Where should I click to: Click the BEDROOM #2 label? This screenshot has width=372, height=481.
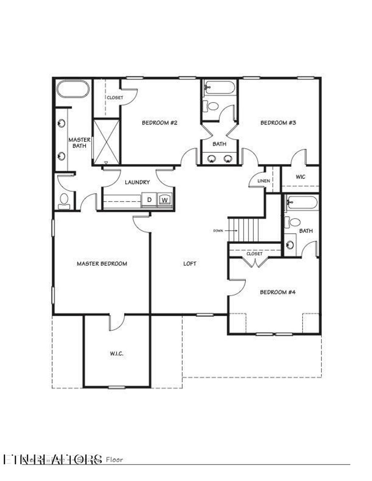click(159, 123)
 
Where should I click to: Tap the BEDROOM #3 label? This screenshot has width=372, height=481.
click(278, 123)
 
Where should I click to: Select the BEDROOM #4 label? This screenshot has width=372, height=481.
click(278, 292)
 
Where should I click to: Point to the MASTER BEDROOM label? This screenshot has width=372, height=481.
click(102, 264)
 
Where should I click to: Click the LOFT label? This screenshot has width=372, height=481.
click(190, 264)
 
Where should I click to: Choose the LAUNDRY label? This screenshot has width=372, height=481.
click(137, 182)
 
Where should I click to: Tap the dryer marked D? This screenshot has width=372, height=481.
click(149, 200)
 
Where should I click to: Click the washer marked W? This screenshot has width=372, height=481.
click(165, 200)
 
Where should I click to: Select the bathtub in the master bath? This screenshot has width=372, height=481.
click(73, 89)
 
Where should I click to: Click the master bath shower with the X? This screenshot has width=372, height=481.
click(106, 142)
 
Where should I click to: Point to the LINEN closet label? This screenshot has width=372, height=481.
click(263, 181)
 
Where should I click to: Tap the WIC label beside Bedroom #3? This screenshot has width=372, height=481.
click(300, 177)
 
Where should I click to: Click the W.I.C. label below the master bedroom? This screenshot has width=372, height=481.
click(117, 353)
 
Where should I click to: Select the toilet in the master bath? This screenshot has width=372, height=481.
click(64, 200)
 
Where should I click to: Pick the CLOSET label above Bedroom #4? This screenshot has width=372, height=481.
click(254, 254)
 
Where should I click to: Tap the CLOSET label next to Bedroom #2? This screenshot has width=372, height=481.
click(115, 98)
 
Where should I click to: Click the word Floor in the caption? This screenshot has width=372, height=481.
click(114, 460)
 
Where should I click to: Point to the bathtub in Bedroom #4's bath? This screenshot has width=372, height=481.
click(302, 202)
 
